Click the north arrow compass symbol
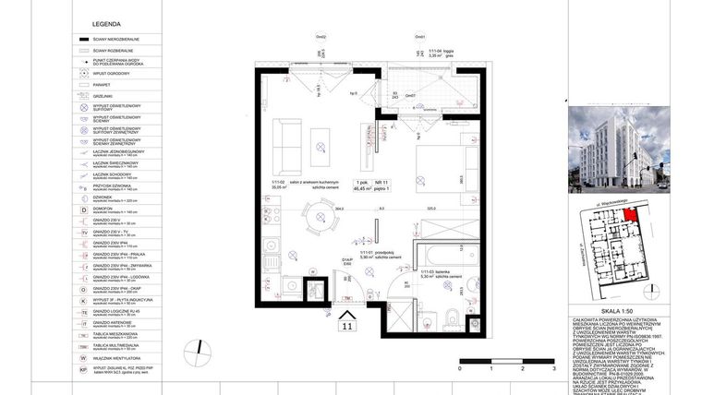197,352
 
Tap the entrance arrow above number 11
347,313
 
